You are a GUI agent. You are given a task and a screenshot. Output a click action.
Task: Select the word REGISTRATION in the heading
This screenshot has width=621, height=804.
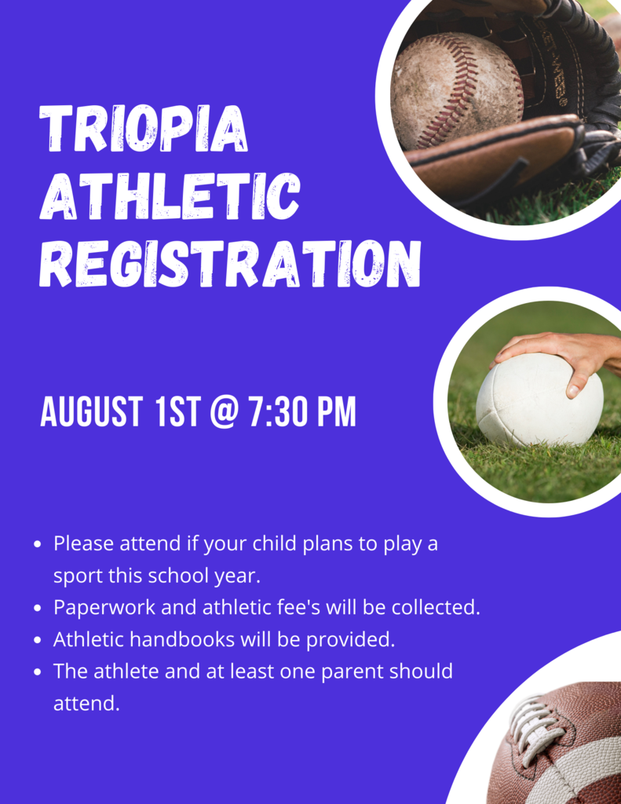click(229, 264)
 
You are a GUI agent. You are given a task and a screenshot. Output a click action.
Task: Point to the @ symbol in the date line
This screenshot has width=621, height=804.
click(225, 413)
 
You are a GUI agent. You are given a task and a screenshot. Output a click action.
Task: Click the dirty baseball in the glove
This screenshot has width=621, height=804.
click(455, 90)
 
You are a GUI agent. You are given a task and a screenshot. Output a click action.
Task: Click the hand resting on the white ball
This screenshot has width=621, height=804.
click(565, 353)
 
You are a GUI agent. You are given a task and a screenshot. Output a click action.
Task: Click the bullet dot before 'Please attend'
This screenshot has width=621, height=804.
click(38, 544)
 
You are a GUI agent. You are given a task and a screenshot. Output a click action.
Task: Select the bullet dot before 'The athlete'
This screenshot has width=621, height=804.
click(38, 672)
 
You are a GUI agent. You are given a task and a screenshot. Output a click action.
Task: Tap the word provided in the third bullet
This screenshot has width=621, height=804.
click(350, 640)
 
